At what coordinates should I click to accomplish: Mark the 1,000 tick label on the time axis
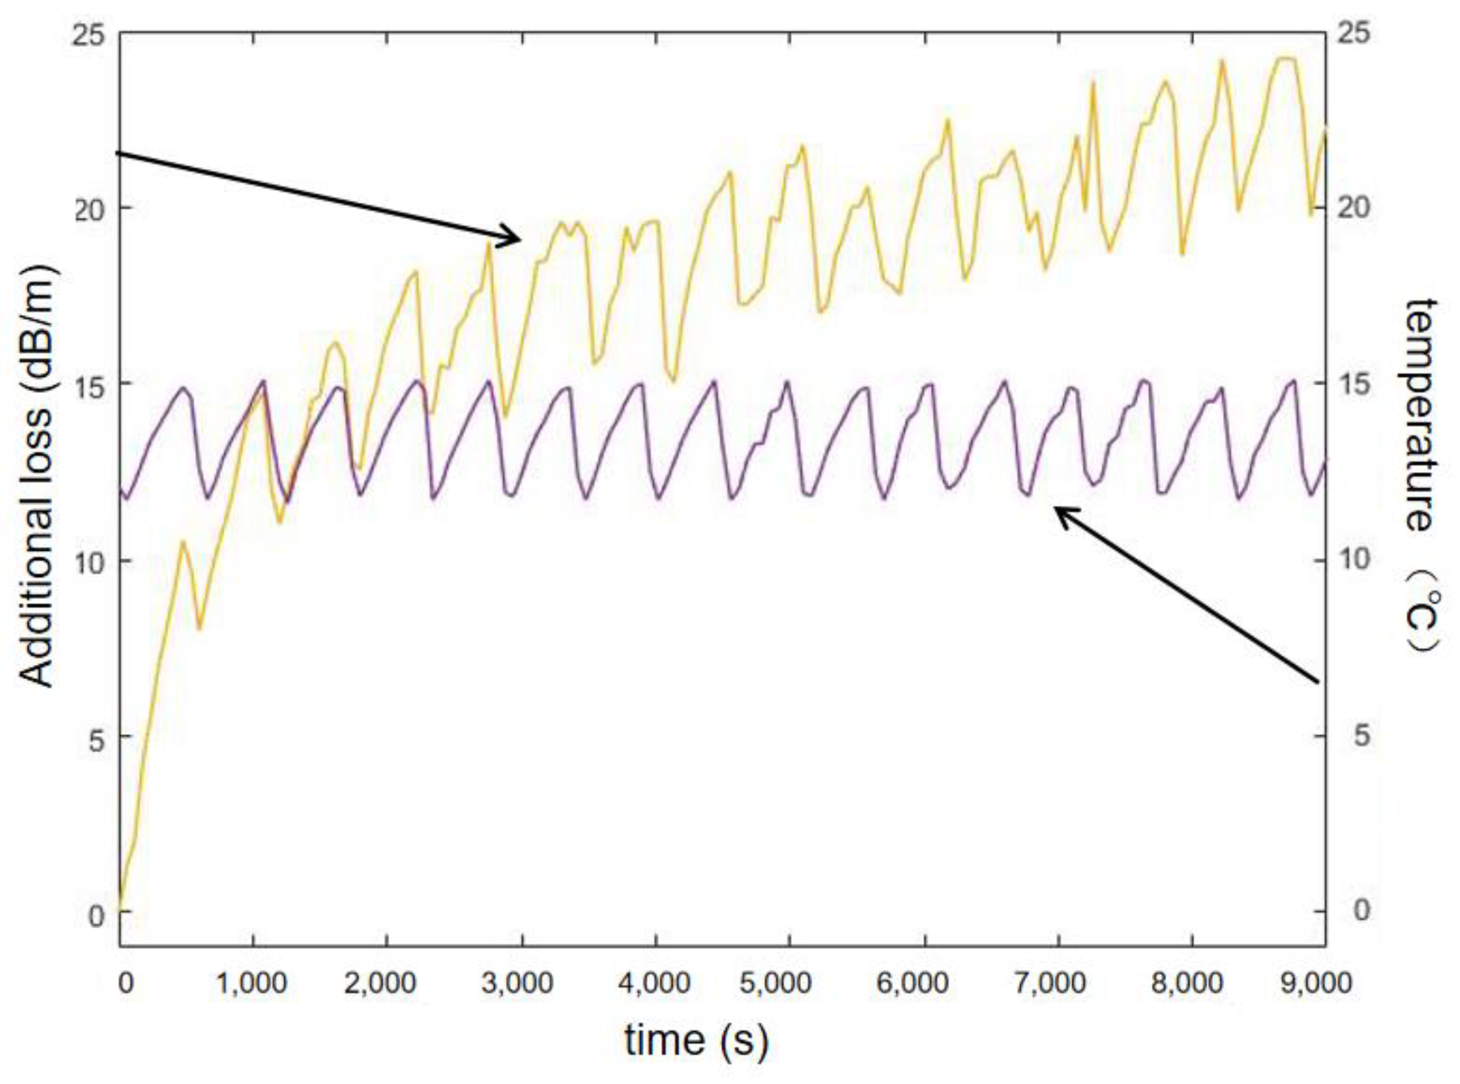pos(253,983)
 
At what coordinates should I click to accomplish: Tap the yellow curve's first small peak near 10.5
pos(183,542)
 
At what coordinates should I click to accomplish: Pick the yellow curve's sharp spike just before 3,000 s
pos(489,244)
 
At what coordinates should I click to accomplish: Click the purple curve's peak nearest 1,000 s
pos(264,381)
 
